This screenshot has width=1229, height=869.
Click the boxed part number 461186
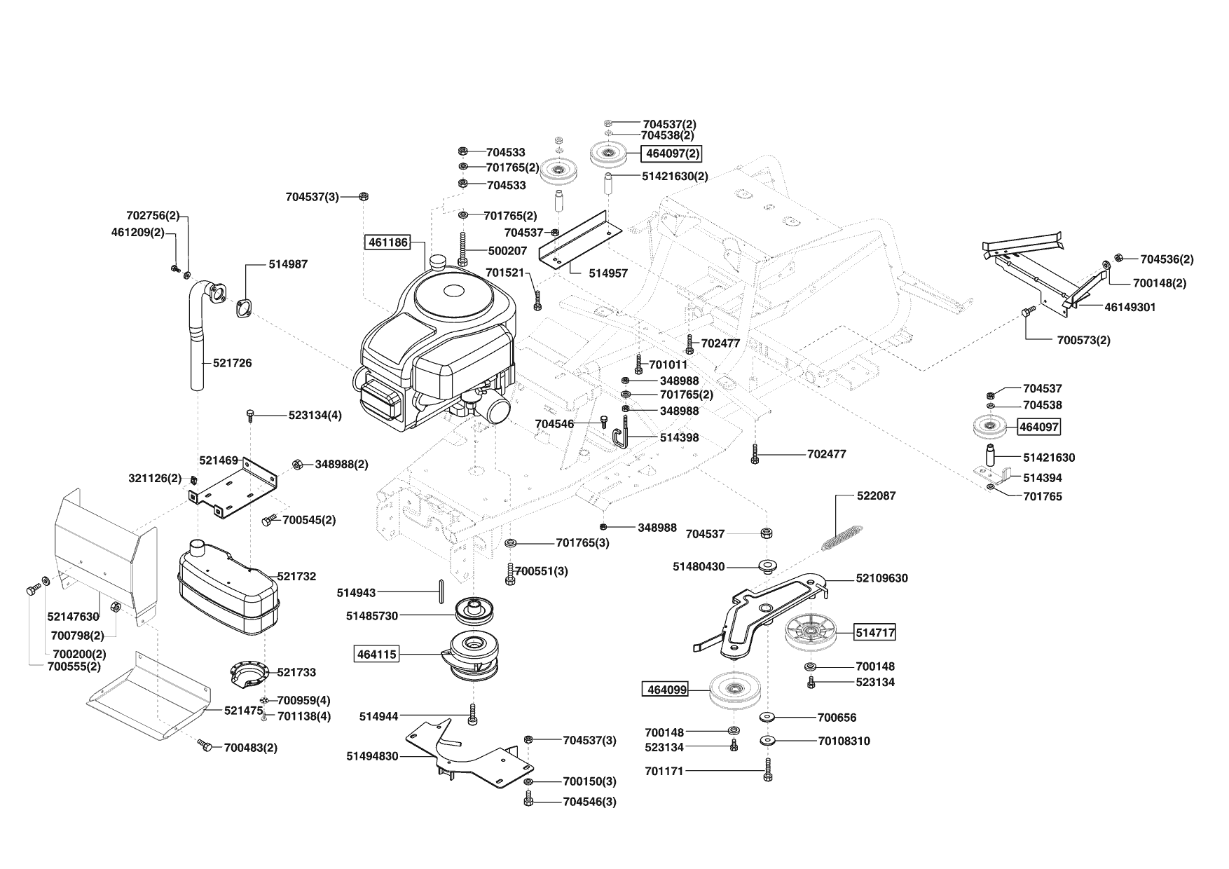(x=387, y=242)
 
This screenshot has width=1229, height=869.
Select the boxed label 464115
(x=377, y=655)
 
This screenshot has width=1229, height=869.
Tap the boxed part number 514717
(x=874, y=633)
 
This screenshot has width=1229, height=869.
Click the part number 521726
(x=233, y=363)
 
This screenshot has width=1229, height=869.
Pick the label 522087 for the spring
(x=876, y=495)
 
